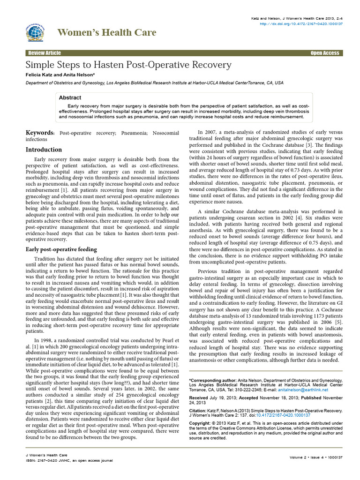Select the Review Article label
click(44, 53)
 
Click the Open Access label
click(325, 53)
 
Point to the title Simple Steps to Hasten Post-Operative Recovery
click(128, 65)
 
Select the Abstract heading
click(70, 97)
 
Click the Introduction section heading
click(43, 150)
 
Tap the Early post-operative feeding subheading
click(61, 249)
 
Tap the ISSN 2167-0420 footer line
click(69, 460)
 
